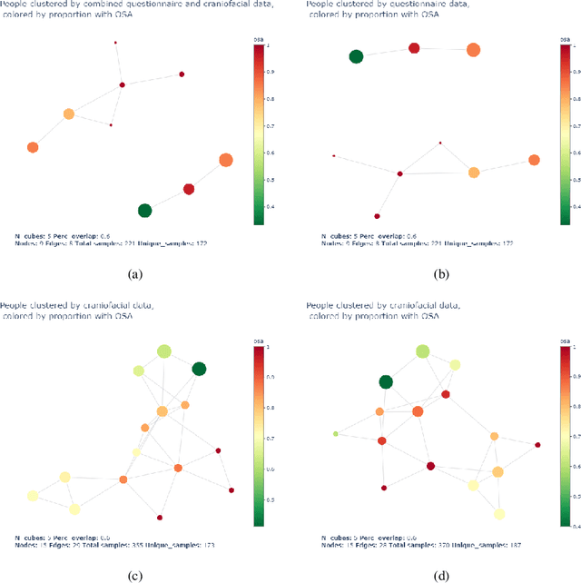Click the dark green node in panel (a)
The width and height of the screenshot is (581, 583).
tap(144, 211)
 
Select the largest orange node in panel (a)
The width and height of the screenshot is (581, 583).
tap(226, 161)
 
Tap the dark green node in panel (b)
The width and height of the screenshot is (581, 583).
tap(356, 57)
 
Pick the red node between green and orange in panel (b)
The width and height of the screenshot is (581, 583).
tap(414, 48)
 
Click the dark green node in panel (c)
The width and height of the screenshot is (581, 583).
tap(199, 368)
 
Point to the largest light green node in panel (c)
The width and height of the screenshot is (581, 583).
tap(163, 351)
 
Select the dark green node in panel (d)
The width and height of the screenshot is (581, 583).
tap(386, 382)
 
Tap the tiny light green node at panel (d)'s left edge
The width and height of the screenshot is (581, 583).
tap(336, 434)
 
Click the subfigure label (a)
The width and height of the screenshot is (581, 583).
tap(135, 272)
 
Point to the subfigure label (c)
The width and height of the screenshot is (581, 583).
tap(135, 574)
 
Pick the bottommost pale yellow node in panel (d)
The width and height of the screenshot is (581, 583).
tap(499, 514)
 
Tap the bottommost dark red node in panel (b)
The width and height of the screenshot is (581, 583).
tap(377, 216)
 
